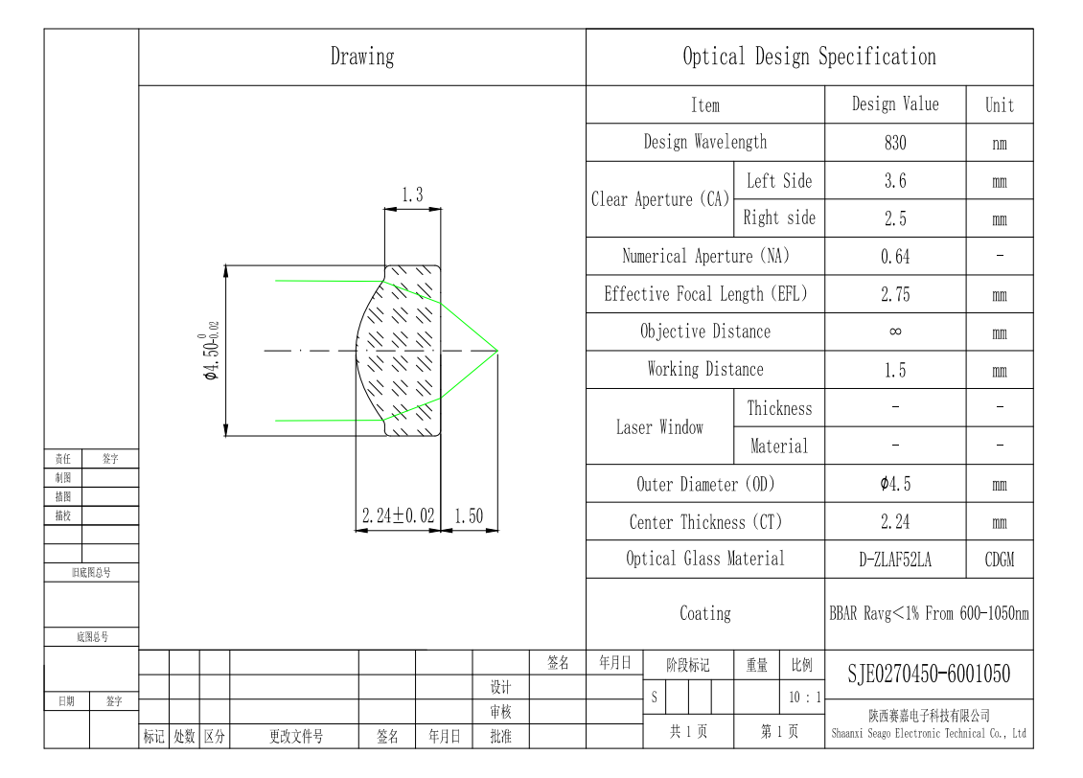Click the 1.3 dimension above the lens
click(412, 195)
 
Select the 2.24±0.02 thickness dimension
click(398, 515)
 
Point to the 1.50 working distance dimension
click(469, 515)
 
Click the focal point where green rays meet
click(497, 351)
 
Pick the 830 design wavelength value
click(895, 143)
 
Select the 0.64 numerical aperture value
click(895, 257)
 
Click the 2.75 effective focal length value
click(895, 295)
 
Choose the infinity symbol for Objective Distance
click(895, 332)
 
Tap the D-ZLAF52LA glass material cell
click(895, 560)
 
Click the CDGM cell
click(1000, 560)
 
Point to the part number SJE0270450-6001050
click(929, 674)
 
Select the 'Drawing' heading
click(362, 57)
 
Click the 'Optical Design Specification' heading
click(810, 57)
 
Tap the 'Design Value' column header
click(895, 104)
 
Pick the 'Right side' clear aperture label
click(779, 218)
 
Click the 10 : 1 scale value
click(805, 698)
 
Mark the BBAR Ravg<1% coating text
click(929, 613)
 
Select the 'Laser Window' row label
click(659, 427)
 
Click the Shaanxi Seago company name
click(929, 733)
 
